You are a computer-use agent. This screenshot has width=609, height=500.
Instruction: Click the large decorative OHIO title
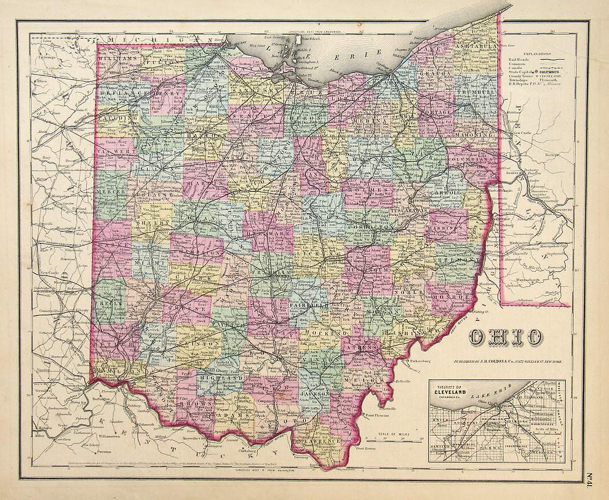coord(507,338)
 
